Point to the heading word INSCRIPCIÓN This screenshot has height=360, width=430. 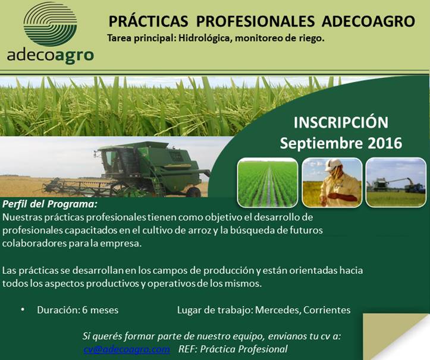341,123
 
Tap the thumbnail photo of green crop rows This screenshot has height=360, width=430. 267,182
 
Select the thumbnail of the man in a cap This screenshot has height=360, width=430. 331,182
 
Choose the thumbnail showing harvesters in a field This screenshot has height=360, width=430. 396,182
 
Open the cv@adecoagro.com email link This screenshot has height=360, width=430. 126,349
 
